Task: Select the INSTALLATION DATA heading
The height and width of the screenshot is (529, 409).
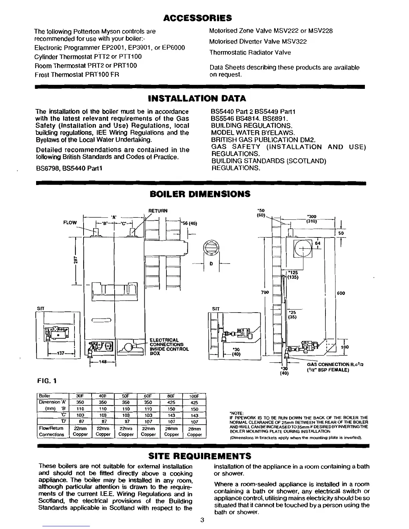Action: coord(196,99)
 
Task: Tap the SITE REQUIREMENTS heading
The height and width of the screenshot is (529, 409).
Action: coord(199,456)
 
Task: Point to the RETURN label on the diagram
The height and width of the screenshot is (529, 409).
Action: coord(158,211)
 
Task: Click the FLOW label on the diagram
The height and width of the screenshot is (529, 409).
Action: coord(70,222)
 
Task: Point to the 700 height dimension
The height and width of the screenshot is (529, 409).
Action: coord(265,293)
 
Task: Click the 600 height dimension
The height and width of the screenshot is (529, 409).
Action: coord(340,293)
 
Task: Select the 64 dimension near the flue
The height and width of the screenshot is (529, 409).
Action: coord(317,243)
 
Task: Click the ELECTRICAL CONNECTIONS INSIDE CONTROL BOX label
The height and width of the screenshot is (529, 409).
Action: coord(169,347)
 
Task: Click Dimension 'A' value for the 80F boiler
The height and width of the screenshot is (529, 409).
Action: coord(171,402)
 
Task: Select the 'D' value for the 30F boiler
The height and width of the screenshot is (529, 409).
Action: coord(80,422)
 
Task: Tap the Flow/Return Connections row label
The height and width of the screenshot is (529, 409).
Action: coord(51,431)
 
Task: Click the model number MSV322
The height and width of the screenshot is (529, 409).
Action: coord(294,42)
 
